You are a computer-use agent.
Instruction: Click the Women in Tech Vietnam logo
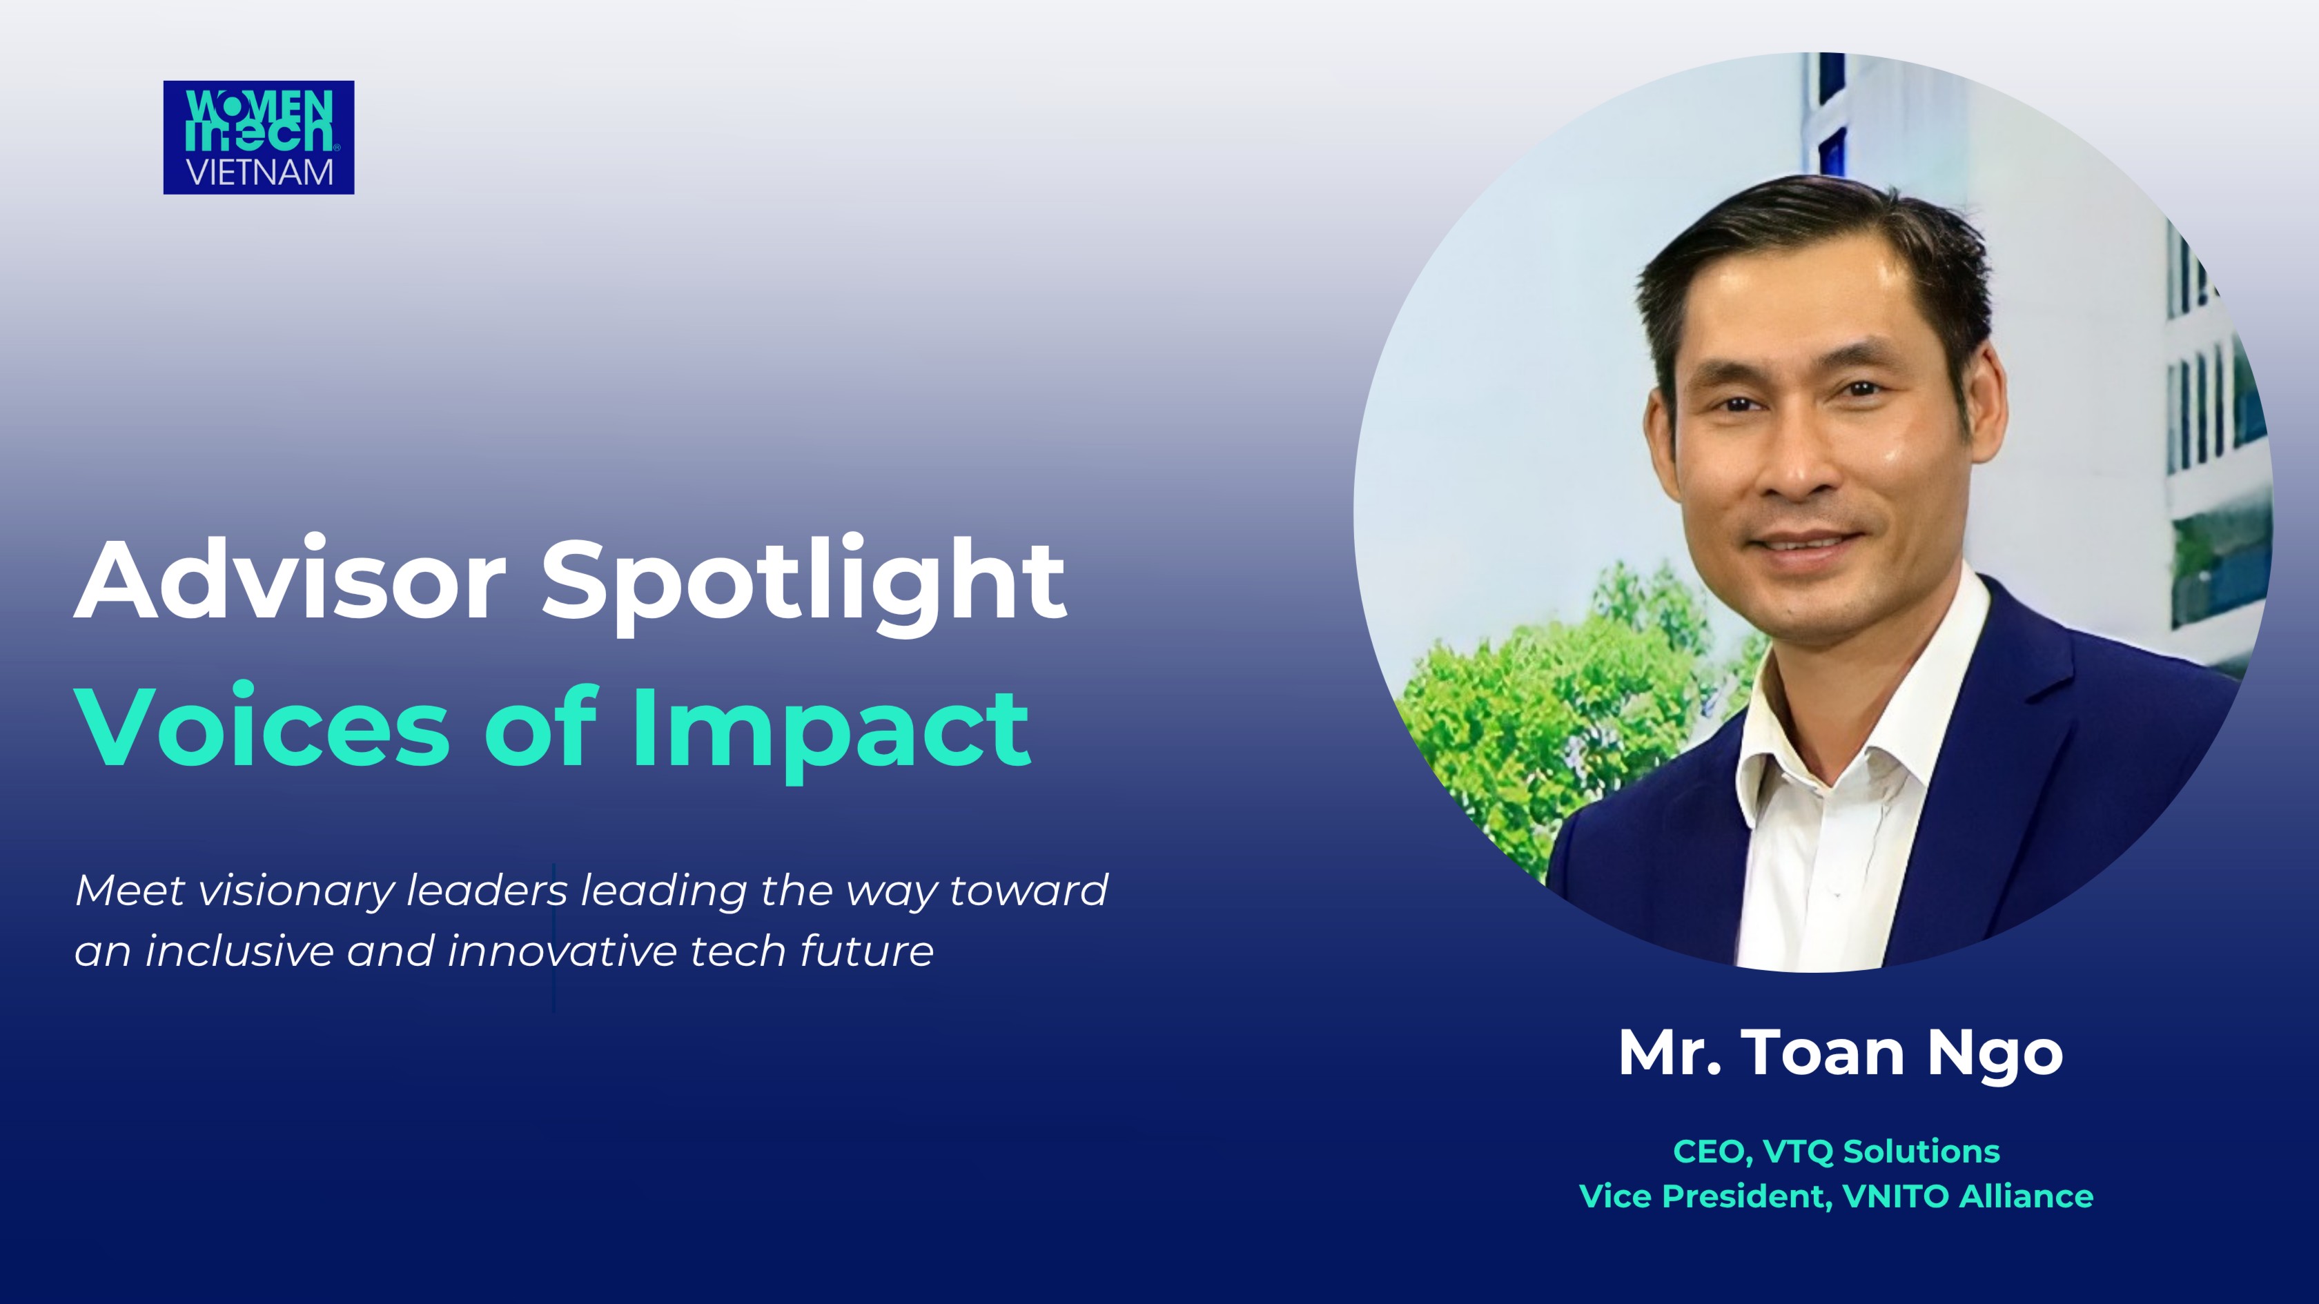coord(258,137)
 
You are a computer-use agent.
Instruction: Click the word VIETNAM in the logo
coord(260,172)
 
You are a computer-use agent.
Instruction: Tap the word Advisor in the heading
coord(290,580)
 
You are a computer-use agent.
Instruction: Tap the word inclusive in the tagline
coord(239,952)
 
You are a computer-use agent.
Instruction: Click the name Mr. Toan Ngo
coord(1840,1052)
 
